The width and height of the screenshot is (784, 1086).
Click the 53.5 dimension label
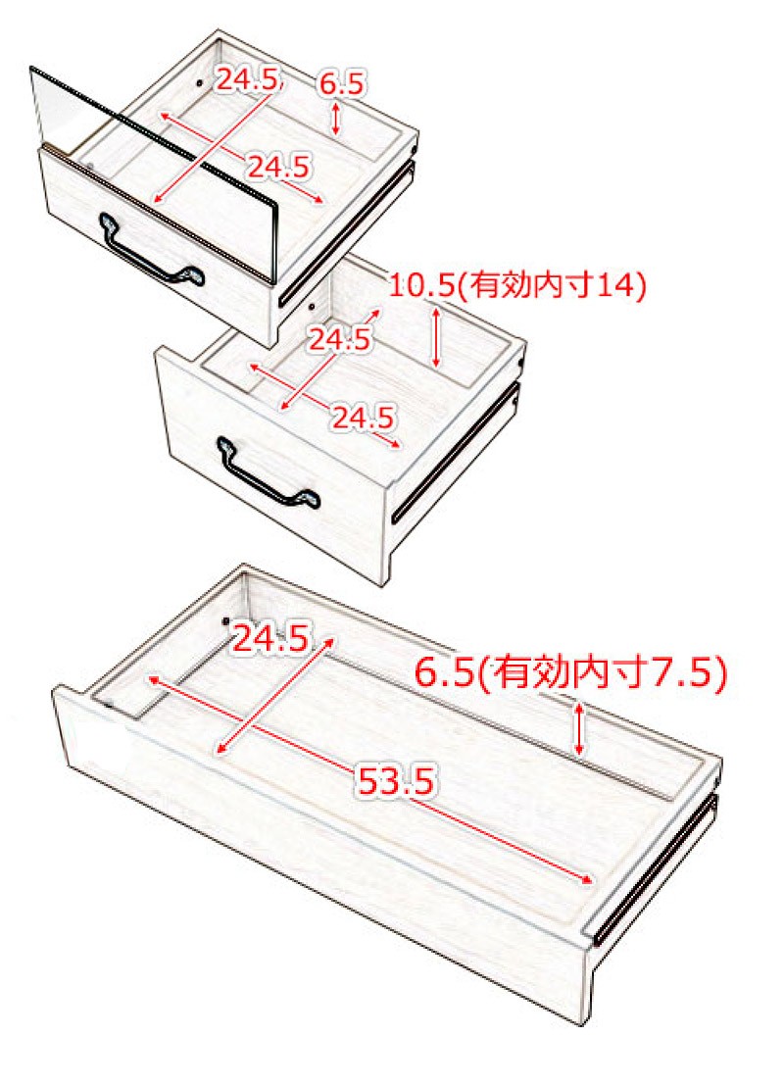[396, 781]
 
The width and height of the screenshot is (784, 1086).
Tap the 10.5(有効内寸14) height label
[516, 284]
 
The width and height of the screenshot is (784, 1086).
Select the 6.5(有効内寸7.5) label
[570, 672]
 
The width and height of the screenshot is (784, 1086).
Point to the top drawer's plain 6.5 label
[341, 84]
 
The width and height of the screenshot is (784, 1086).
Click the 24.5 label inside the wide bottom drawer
[270, 638]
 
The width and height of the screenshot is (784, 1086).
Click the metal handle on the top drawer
[152, 253]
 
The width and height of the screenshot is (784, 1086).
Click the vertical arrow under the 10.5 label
[436, 336]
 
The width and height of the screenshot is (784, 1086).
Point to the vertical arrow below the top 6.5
[336, 119]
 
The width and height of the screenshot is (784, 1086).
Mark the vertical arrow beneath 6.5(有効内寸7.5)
[580, 728]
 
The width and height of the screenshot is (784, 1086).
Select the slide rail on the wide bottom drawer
[656, 870]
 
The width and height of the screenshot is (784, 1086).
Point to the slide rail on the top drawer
[347, 232]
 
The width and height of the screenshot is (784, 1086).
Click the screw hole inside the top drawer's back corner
[200, 83]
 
